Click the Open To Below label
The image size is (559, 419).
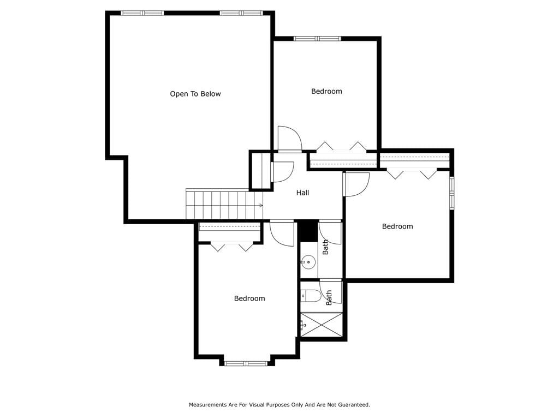195,94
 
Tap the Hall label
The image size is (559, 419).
302,193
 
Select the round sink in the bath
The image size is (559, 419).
308,263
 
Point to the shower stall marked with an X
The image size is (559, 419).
322,325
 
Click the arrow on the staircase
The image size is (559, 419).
260,206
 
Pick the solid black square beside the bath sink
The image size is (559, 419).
307,231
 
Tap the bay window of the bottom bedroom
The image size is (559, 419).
246,363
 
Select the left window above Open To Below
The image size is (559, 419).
142,13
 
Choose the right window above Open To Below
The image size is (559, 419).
241,13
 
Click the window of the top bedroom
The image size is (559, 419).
317,39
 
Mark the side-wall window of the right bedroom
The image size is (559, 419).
451,193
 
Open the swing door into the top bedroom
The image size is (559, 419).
290,139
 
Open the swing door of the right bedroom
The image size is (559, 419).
356,184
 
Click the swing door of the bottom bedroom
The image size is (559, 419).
282,234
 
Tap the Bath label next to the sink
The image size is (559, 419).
325,247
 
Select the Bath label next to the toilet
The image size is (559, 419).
329,297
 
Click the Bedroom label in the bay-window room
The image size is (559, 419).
249,298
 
